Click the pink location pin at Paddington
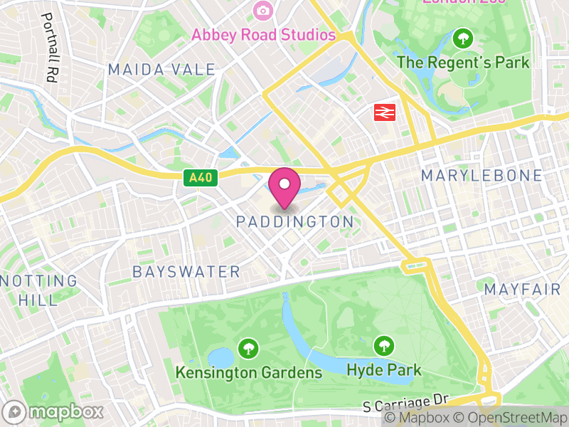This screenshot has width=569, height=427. click(x=284, y=187)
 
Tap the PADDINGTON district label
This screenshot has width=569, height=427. click(x=294, y=222)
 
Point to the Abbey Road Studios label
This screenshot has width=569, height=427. click(x=263, y=34)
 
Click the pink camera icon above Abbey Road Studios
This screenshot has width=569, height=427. click(x=263, y=10)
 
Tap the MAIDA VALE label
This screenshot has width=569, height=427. click(x=161, y=69)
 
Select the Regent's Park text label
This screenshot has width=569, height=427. click(x=463, y=63)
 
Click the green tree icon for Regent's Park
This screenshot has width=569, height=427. click(x=463, y=38)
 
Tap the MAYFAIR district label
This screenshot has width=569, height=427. click(x=519, y=290)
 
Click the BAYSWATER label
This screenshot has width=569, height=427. click(x=186, y=272)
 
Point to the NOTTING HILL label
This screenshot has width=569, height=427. click(x=39, y=290)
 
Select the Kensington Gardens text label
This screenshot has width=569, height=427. click(x=248, y=372)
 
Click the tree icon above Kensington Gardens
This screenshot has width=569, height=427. click(x=248, y=349)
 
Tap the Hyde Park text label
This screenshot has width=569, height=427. click(x=384, y=370)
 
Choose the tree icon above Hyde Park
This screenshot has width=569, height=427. click(x=384, y=347)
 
